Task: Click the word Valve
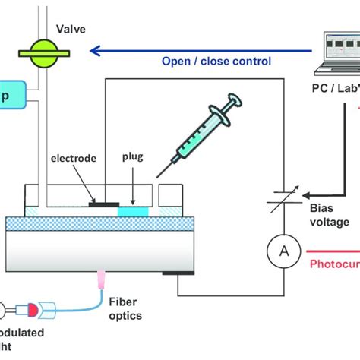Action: pyautogui.click(x=71, y=30)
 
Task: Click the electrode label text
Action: pyautogui.click(x=74, y=159)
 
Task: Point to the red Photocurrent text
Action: pyautogui.click(x=334, y=265)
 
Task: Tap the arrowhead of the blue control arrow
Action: pyautogui.click(x=94, y=52)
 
